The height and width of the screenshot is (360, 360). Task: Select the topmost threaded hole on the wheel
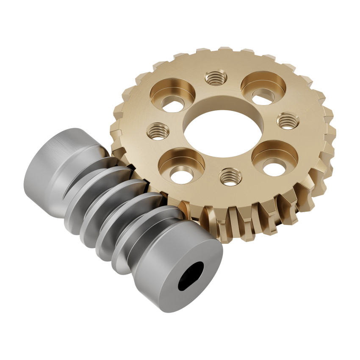[x=216, y=78]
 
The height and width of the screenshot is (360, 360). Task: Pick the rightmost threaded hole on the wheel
[x=288, y=121]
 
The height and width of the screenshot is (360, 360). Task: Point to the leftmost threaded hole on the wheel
[x=158, y=131]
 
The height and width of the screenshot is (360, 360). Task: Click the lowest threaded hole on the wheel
[x=231, y=176]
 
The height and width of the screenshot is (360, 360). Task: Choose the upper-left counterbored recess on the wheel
[x=172, y=94]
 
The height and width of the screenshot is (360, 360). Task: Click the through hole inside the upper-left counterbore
[x=173, y=104]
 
